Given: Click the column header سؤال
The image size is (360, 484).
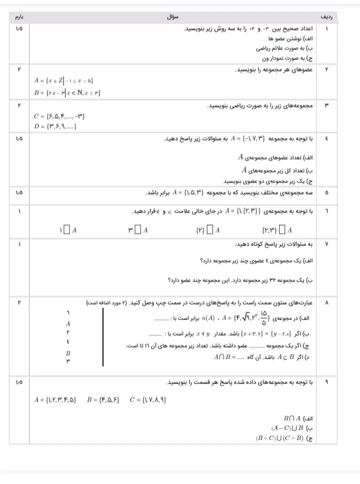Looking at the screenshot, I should point(173,17).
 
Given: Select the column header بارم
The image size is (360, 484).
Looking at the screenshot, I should point(19,17).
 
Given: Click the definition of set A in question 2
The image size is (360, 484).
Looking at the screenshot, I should point(64,80).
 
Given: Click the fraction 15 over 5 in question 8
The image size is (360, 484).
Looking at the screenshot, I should point(264,317).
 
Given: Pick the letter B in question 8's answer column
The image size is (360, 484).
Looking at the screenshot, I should point(68,353).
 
